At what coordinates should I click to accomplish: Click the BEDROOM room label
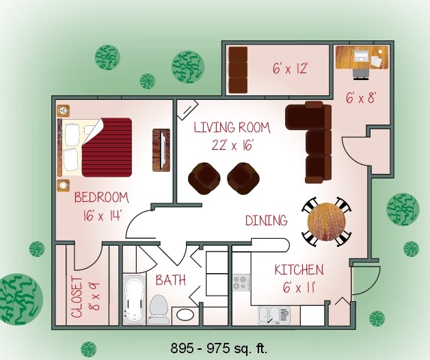pyautogui.click(x=101, y=198)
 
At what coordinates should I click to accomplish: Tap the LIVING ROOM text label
pyautogui.click(x=231, y=127)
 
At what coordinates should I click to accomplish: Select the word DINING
pyautogui.click(x=266, y=220)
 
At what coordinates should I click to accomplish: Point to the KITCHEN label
pyautogui.click(x=299, y=270)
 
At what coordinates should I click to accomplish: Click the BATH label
pyautogui.click(x=170, y=280)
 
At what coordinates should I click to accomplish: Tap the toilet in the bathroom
pyautogui.click(x=159, y=308)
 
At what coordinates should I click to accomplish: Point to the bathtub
pyautogui.click(x=133, y=300)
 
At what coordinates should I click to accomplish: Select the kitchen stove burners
pyautogui.click(x=241, y=281)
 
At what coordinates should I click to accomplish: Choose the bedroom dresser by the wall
pyautogui.click(x=161, y=149)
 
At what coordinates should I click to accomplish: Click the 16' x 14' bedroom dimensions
pyautogui.click(x=101, y=214)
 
